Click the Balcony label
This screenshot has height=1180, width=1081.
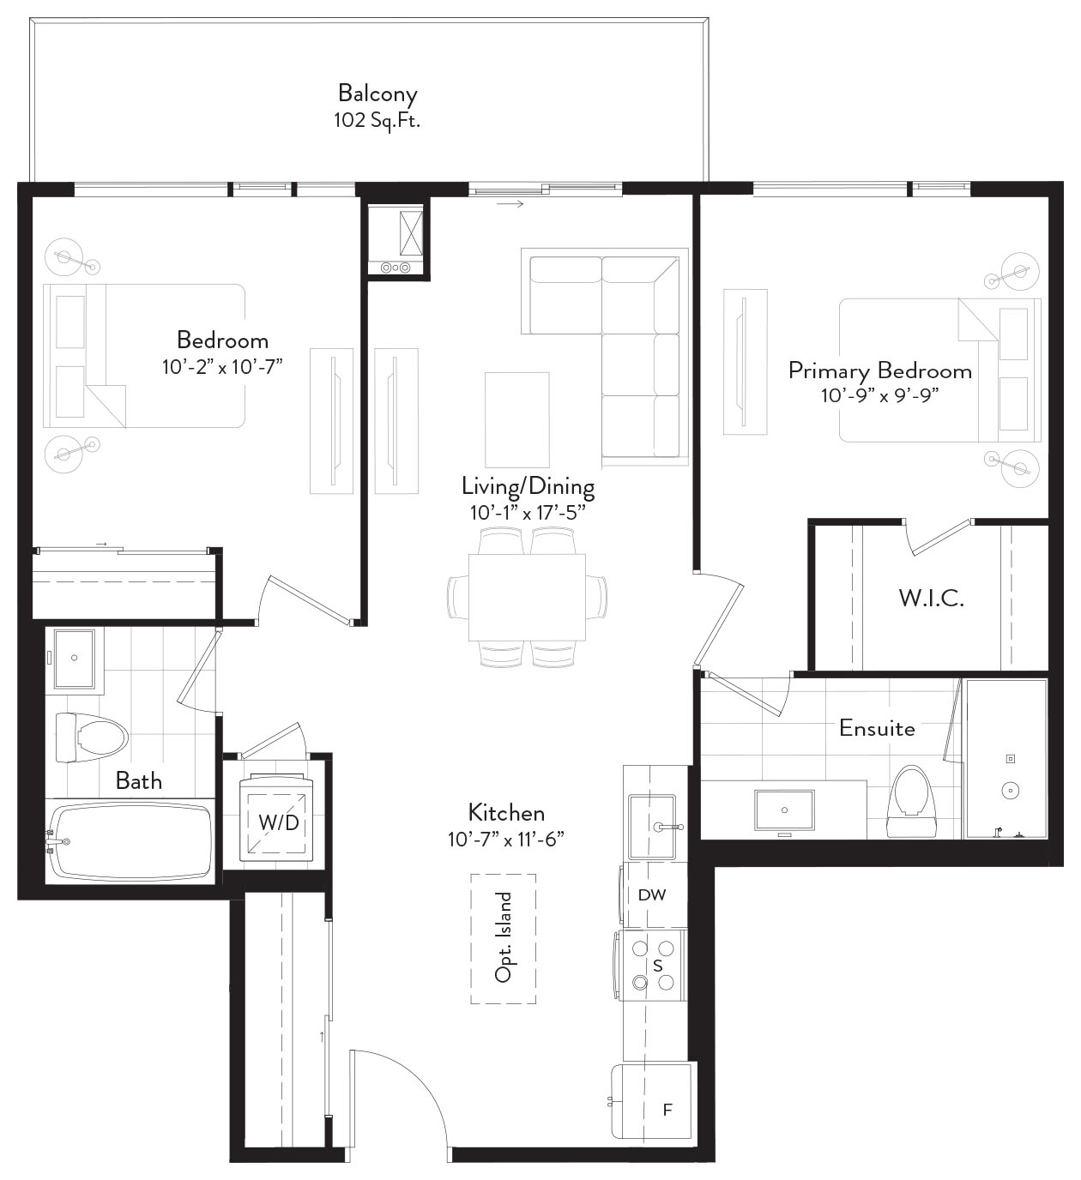[x=377, y=93]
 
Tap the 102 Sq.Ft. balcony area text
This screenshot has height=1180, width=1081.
[x=377, y=120]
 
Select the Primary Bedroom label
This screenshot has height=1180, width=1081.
[x=879, y=371]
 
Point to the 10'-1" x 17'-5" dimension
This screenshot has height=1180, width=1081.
[x=528, y=513]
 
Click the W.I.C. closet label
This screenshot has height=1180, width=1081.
[x=931, y=599]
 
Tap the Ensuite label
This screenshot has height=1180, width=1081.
[x=877, y=728]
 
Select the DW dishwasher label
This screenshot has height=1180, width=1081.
[x=652, y=894]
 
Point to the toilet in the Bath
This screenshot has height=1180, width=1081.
[x=92, y=737]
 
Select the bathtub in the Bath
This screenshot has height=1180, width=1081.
[x=130, y=841]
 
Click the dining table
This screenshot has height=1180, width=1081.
[x=527, y=597]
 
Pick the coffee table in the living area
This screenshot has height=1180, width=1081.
[x=517, y=419]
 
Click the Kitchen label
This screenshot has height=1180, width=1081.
[x=506, y=812]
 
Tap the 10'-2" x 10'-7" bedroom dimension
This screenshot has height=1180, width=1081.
[x=222, y=367]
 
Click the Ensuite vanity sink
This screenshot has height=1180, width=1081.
[x=784, y=810]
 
